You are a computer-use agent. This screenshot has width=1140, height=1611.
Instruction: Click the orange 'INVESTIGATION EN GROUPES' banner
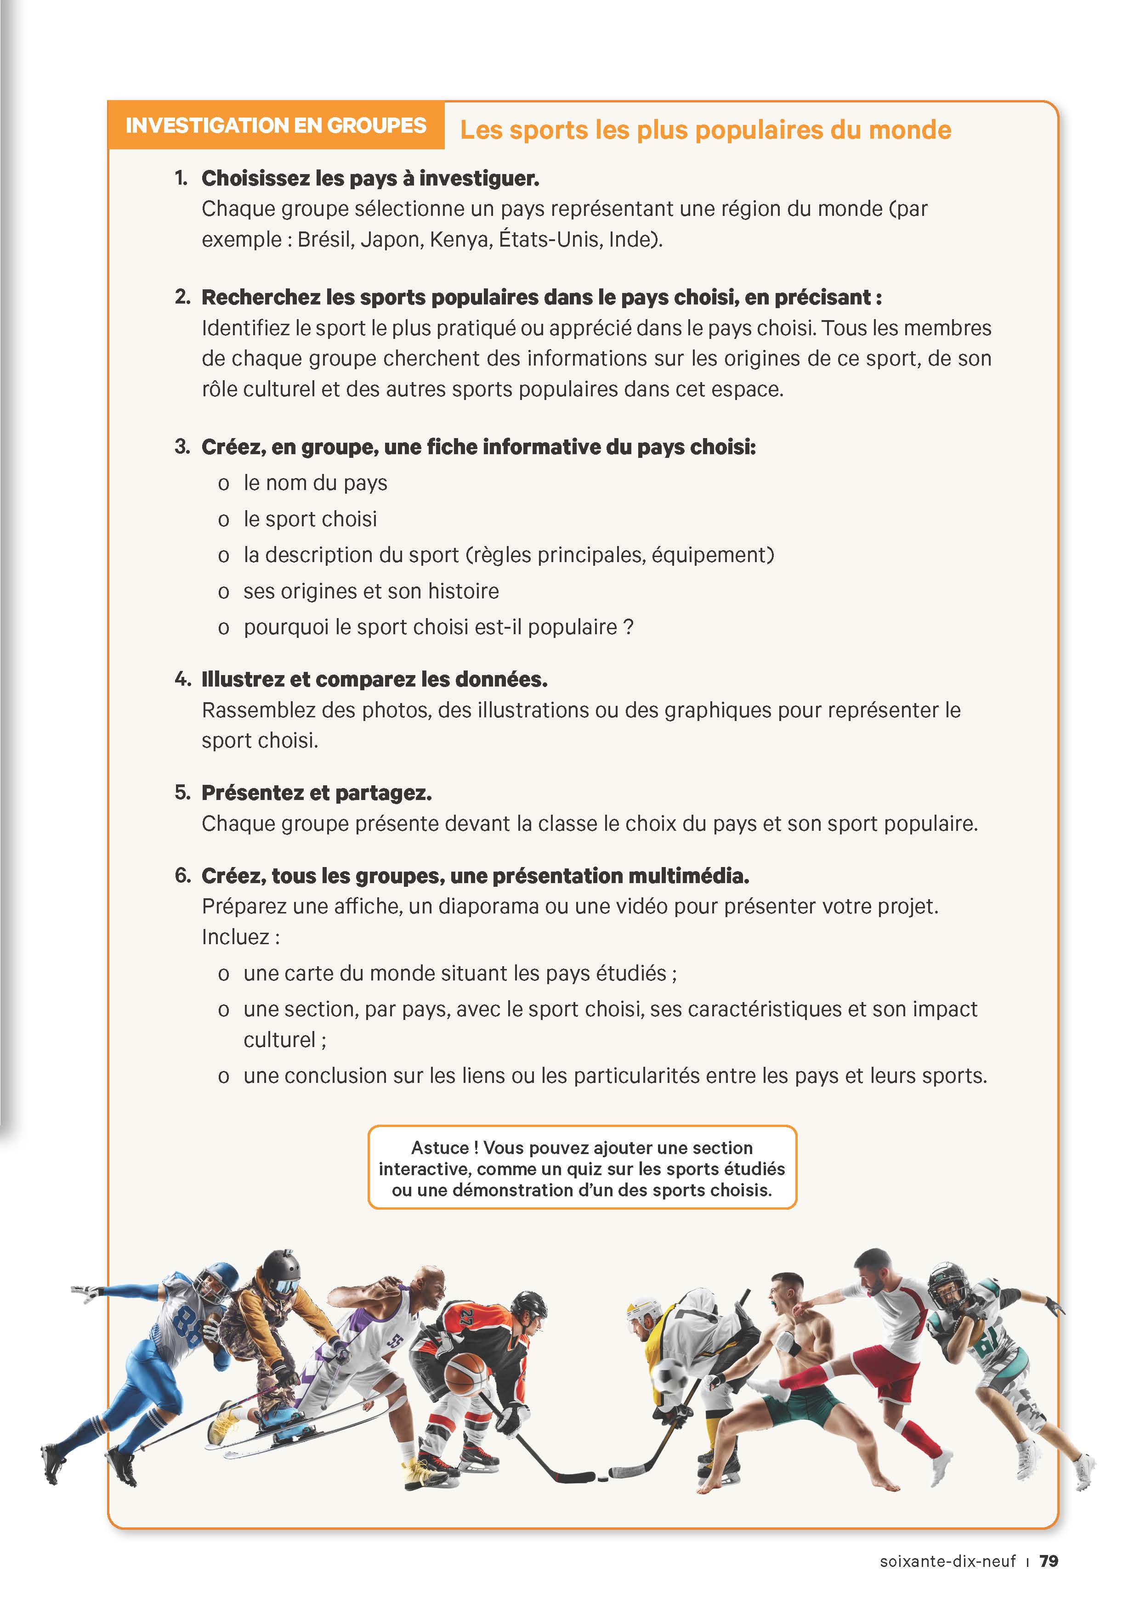point(275,125)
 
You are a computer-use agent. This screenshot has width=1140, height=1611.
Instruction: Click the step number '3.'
point(182,446)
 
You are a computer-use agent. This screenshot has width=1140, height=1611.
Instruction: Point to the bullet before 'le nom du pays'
point(223,484)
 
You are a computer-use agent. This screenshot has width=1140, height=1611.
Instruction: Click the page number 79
point(1049,1561)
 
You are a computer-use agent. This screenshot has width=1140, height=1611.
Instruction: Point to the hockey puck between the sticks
point(601,1475)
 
